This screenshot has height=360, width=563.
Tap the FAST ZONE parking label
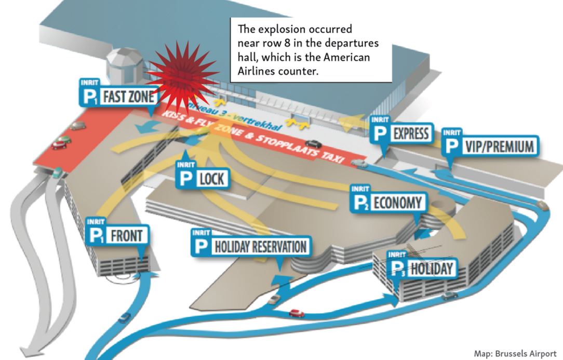(x=124, y=96)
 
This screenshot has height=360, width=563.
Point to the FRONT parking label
(x=126, y=235)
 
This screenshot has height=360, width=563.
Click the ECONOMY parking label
(x=398, y=203)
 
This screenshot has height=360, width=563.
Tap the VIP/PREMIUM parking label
(x=498, y=147)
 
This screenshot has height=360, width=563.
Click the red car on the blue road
(x=297, y=313)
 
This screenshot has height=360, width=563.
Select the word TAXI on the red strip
(x=332, y=156)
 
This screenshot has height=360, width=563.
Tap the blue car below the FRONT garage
(x=124, y=316)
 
